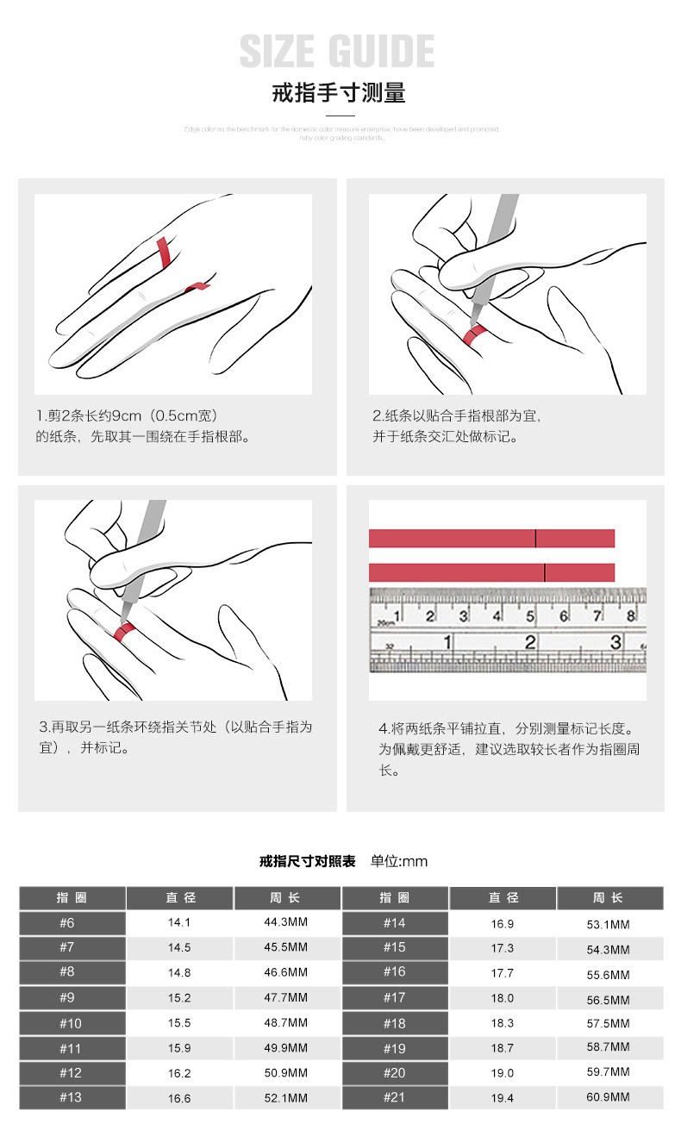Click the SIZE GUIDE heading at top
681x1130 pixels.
(x=337, y=51)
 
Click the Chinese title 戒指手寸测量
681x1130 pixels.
(x=339, y=93)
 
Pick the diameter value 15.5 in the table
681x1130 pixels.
(x=179, y=1023)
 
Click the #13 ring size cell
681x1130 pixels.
(x=72, y=1098)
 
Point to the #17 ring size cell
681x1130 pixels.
(x=395, y=999)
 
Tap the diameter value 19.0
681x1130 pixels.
(x=503, y=1073)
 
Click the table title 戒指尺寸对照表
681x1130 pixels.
(x=308, y=861)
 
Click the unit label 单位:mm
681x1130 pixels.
(x=399, y=861)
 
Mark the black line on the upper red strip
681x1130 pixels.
(x=535, y=539)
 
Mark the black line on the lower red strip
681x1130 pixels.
(x=545, y=572)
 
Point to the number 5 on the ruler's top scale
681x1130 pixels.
(x=530, y=615)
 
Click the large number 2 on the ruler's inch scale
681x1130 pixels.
(x=531, y=642)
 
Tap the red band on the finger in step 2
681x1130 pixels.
(x=474, y=334)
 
